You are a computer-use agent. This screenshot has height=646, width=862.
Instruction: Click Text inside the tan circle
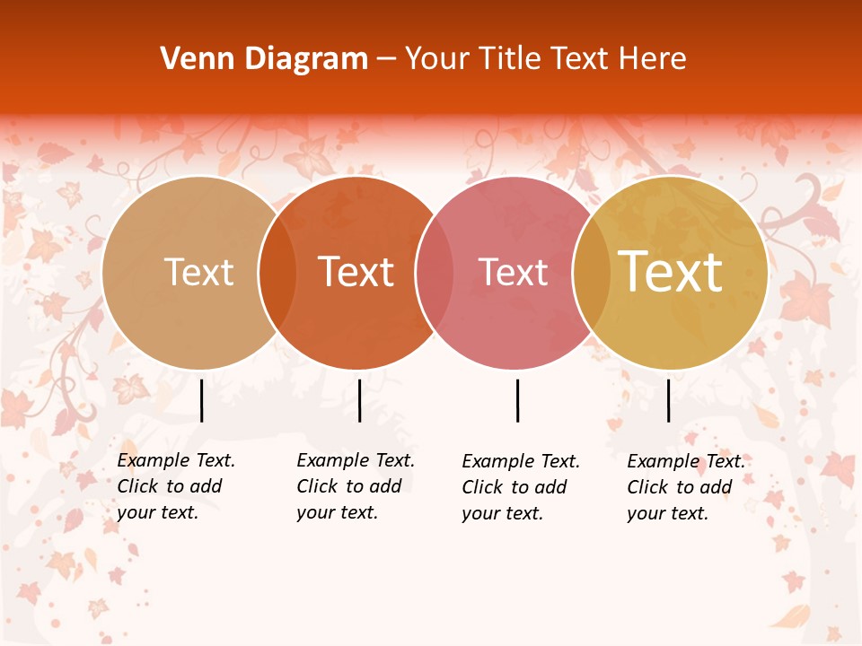[198, 272]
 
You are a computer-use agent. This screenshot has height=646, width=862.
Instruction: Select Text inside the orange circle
[356, 272]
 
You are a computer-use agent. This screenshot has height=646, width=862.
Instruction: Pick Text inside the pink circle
[513, 272]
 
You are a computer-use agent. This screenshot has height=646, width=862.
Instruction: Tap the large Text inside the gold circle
[671, 272]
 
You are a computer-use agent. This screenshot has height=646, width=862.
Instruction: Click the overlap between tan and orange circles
[277, 272]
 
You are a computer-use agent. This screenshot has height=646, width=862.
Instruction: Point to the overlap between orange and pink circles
[435, 272]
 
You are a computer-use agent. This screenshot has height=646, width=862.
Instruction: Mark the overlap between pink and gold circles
[592, 272]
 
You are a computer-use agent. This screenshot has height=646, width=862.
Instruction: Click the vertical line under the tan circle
[201, 400]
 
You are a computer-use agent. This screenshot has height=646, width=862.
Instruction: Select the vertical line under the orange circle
[359, 400]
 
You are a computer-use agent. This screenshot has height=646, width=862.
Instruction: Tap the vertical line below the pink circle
[517, 400]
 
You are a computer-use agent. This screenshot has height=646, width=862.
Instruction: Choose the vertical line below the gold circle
[668, 400]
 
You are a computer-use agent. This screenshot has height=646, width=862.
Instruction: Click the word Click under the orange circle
[317, 486]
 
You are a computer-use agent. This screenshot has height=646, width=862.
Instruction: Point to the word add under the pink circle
[550, 487]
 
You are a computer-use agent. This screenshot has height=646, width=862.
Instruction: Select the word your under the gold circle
[645, 513]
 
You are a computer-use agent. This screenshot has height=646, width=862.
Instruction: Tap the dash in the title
[386, 59]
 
